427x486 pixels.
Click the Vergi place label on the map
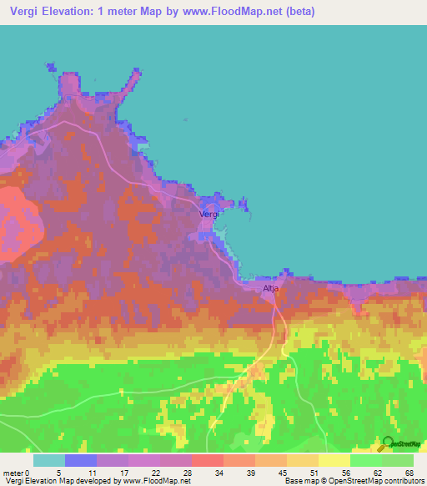click(x=209, y=215)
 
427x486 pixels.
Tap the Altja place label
click(x=271, y=289)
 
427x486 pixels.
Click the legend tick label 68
click(x=409, y=473)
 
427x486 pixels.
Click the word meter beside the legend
click(x=13, y=473)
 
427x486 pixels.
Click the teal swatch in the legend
click(x=48, y=460)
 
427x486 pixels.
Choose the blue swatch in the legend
click(x=80, y=460)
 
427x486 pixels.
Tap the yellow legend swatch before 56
click(x=334, y=460)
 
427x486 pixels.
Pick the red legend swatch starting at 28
click(x=207, y=460)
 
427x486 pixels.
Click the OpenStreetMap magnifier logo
click(x=385, y=444)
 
